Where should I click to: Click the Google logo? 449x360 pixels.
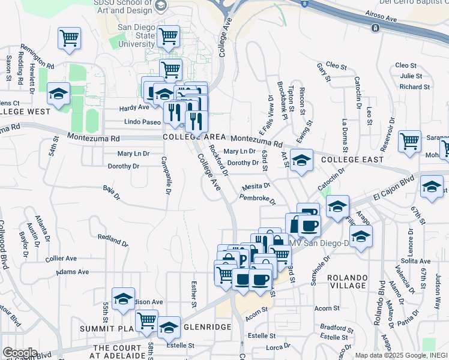click(20, 353)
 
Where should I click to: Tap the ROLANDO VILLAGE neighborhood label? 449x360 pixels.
click(348, 283)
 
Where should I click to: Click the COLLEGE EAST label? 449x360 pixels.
click(352, 160)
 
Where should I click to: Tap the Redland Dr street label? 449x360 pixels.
click(113, 238)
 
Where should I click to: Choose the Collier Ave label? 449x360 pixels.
click(61, 259)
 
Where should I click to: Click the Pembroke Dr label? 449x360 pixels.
click(257, 198)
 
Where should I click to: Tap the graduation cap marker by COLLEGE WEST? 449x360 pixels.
click(59, 94)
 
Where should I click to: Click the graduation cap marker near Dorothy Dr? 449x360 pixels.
click(301, 160)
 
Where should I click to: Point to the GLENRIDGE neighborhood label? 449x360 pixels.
click(206, 327)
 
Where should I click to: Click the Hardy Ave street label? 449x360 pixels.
click(134, 108)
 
